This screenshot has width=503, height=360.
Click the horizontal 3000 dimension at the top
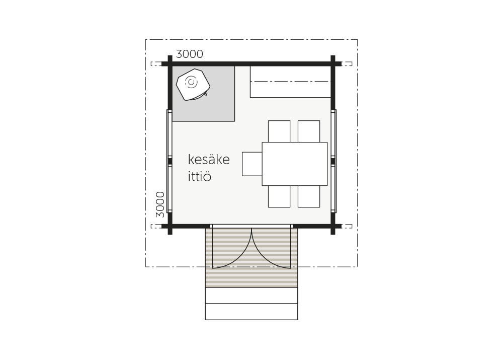point(190,54)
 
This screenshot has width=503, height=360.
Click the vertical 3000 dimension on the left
point(160,204)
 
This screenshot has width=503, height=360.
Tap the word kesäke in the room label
point(209,159)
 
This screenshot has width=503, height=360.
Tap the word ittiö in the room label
point(200,176)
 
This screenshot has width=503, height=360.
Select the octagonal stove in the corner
point(193,84)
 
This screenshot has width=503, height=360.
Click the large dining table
point(294,164)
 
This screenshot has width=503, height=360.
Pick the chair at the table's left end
point(252,164)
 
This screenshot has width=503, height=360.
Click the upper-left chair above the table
point(279,131)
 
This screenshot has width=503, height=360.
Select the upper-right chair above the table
point(309,131)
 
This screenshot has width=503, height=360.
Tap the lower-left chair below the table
point(279,196)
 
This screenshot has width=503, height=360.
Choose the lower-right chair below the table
point(309,196)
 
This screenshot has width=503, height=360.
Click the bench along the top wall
point(290,82)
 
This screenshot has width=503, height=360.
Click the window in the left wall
point(170,161)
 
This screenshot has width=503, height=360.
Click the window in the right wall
point(333,161)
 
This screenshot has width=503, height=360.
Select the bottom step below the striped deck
point(251,312)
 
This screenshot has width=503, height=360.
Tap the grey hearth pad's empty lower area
point(203,111)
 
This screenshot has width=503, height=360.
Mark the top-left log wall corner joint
point(170,63)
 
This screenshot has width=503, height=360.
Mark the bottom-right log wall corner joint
point(333,226)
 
